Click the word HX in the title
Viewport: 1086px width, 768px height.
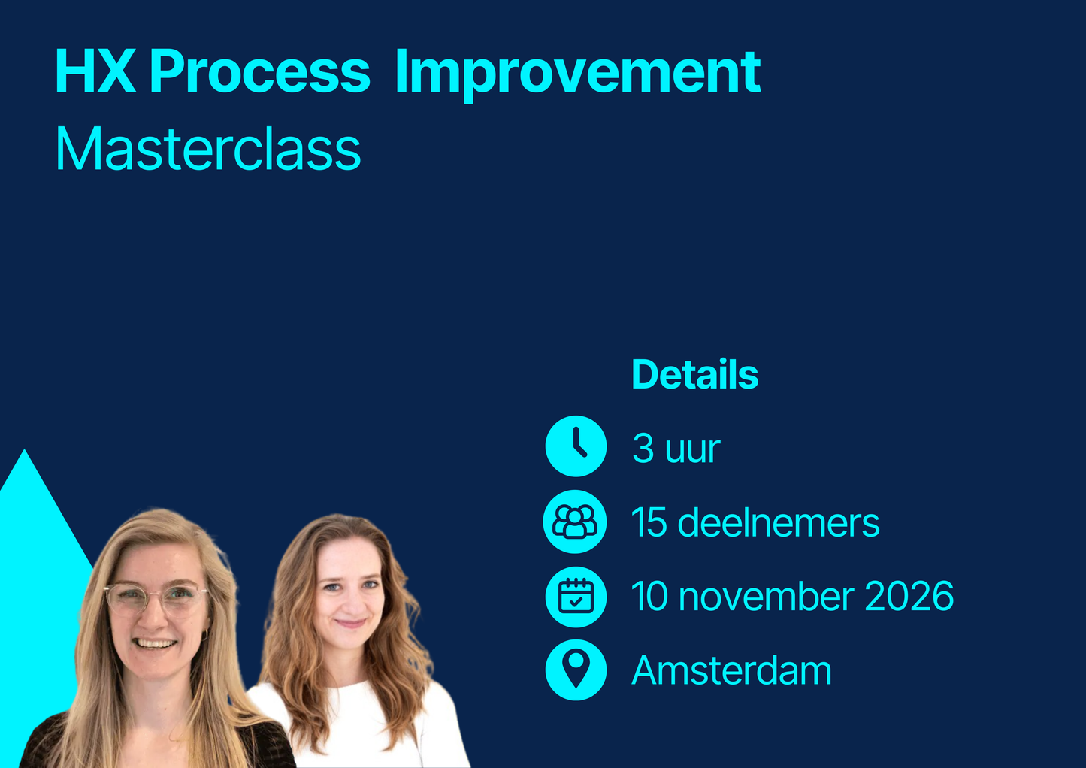tap(95, 72)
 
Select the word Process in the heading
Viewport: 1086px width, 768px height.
tap(259, 72)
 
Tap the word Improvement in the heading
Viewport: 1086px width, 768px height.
tap(577, 72)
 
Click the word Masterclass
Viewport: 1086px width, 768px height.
tap(208, 150)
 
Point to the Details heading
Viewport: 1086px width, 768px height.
tap(694, 374)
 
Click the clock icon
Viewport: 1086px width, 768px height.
tap(576, 446)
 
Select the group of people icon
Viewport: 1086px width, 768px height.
tap(575, 522)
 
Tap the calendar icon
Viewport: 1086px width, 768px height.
tap(576, 597)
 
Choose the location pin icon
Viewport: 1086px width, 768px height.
tap(576, 670)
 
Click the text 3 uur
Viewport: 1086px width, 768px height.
tap(676, 449)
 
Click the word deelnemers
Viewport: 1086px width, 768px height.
tap(778, 522)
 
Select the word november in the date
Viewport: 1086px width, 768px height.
tap(766, 597)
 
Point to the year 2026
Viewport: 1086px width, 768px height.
tap(909, 597)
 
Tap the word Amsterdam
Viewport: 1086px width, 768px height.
tap(731, 670)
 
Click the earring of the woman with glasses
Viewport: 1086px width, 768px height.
tap(204, 636)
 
